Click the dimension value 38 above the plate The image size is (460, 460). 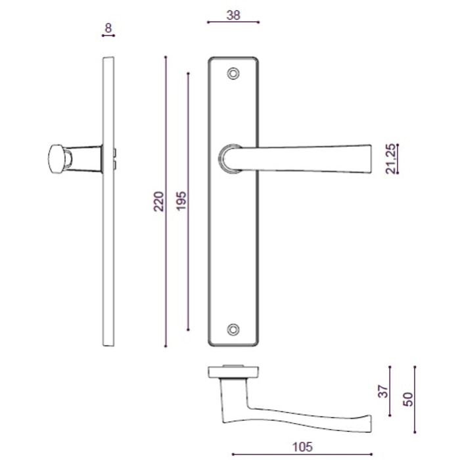coord(233,14)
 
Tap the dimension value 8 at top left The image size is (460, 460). coord(108,28)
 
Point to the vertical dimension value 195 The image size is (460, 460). coord(182,201)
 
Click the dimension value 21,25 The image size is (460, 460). coord(391,159)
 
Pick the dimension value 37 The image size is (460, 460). coord(384,392)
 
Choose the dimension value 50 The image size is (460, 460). coord(408,400)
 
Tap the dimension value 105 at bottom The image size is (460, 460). coord(302,447)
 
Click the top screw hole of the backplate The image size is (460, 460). coord(233,74)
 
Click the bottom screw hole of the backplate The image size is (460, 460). coord(233,329)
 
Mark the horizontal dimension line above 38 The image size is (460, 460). coord(233,22)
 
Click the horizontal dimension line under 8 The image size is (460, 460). coord(108,36)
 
